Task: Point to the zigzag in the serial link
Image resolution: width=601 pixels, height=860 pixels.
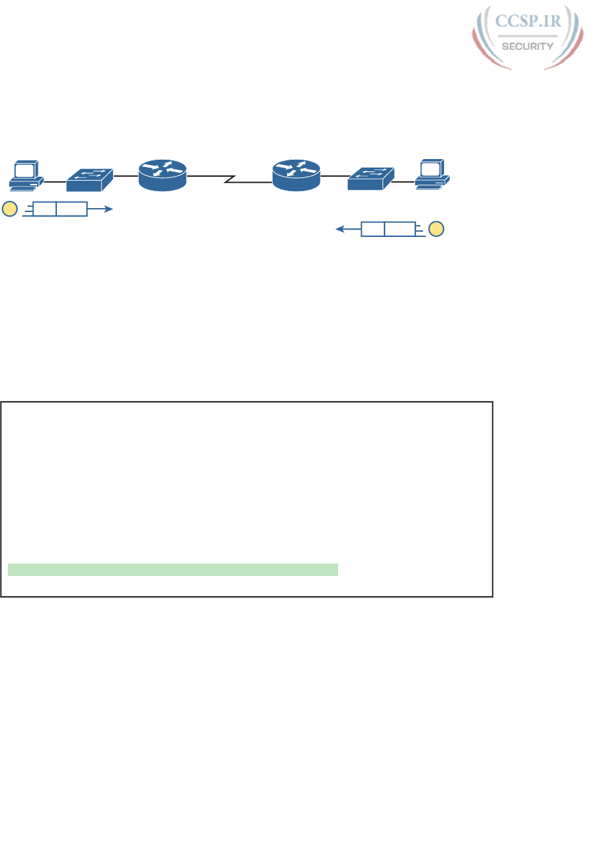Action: [229, 179]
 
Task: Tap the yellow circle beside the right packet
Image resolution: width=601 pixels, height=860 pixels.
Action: [436, 229]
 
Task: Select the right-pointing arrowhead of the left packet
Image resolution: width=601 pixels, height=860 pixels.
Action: [111, 209]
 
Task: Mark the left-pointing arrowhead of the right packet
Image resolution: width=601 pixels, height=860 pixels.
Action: [338, 229]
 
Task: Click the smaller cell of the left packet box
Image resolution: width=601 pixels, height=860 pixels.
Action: [44, 209]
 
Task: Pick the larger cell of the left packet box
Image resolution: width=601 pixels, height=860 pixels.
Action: [71, 209]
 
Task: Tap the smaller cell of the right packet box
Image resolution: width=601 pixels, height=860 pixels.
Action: [373, 229]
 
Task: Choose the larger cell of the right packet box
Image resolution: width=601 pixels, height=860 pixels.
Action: [400, 229]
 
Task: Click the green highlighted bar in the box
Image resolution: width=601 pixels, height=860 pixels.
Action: [173, 569]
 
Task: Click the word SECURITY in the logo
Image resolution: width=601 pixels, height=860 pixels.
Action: [527, 46]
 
